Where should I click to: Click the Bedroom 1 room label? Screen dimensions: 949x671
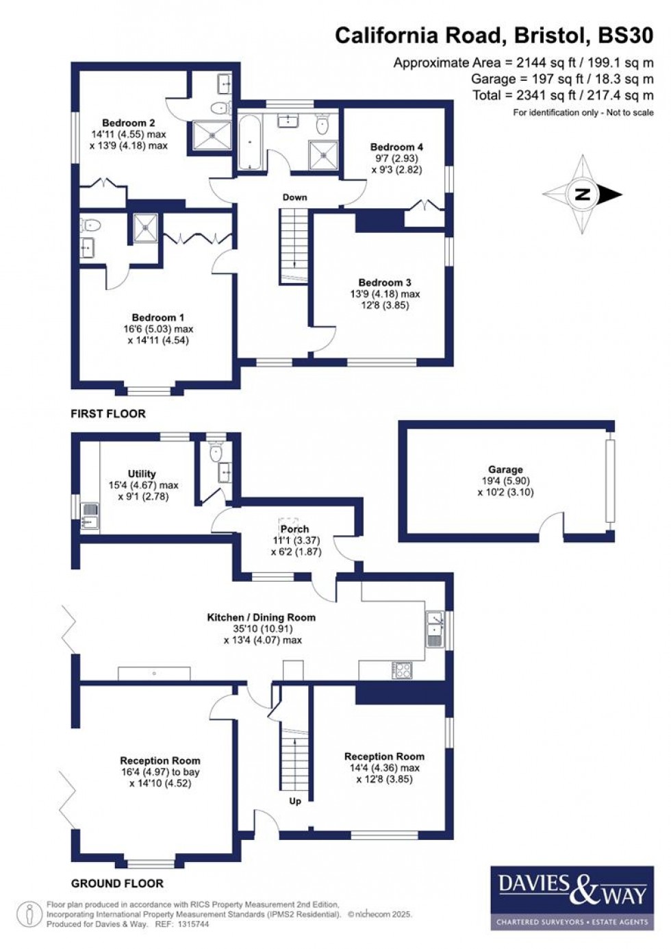pyautogui.click(x=158, y=317)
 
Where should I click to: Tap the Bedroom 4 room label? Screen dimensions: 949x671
pyautogui.click(x=396, y=147)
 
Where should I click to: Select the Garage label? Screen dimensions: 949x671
pyautogui.click(x=505, y=469)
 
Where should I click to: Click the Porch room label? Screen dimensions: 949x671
pyautogui.click(x=294, y=529)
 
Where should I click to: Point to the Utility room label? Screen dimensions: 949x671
pyautogui.click(x=142, y=473)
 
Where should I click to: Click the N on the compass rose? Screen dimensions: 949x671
pyautogui.click(x=583, y=195)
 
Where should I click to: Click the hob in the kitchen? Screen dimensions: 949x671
pyautogui.click(x=402, y=669)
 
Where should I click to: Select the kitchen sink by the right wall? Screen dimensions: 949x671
pyautogui.click(x=434, y=628)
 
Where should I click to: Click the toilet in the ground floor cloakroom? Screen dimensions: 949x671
pyautogui.click(x=217, y=450)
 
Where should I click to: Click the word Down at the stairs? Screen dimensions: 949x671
pyautogui.click(x=295, y=197)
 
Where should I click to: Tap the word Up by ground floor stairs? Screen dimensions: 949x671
pyautogui.click(x=295, y=800)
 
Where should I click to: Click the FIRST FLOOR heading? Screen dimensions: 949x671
pyautogui.click(x=108, y=414)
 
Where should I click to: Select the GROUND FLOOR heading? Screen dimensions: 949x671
pyautogui.click(x=117, y=883)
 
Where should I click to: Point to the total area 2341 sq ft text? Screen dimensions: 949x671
pyautogui.click(x=563, y=95)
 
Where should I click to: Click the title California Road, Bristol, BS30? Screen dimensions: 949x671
pyautogui.click(x=494, y=35)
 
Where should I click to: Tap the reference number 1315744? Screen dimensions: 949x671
pyautogui.click(x=192, y=924)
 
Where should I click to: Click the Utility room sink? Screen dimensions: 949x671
pyautogui.click(x=90, y=517)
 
